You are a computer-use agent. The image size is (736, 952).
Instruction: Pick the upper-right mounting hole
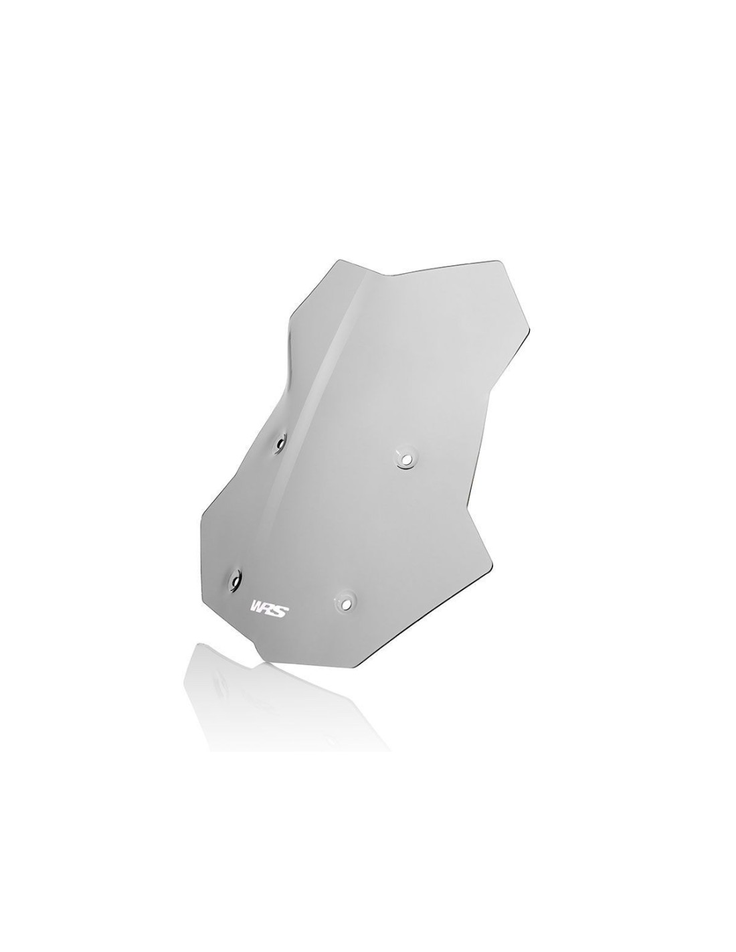tap(406, 458)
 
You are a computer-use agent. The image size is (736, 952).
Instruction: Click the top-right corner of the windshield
tap(500, 261)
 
